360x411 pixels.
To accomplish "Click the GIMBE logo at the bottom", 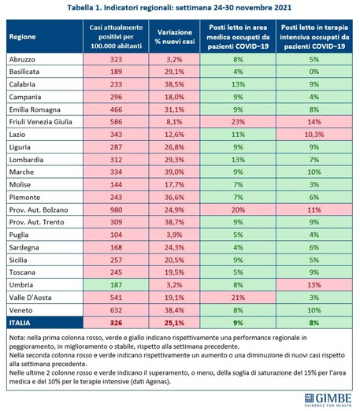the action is pyautogui.click(x=328, y=400).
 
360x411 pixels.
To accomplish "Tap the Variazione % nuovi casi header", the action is pyautogui.click(x=174, y=36).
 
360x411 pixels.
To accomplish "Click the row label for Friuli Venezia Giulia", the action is pyautogui.click(x=41, y=122).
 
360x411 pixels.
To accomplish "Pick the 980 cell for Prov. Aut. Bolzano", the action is pyautogui.click(x=116, y=210).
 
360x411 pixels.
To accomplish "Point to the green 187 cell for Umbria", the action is pyautogui.click(x=116, y=285).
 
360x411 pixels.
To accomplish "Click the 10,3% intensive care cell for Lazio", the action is pyautogui.click(x=314, y=135).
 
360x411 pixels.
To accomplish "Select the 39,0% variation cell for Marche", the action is pyautogui.click(x=174, y=172).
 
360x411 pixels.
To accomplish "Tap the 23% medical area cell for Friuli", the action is pyautogui.click(x=238, y=122).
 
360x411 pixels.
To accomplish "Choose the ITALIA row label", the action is pyautogui.click(x=20, y=323).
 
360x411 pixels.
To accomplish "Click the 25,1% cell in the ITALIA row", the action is pyautogui.click(x=174, y=323).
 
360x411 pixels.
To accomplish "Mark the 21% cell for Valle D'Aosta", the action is pyautogui.click(x=238, y=298).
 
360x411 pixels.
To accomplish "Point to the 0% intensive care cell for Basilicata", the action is pyautogui.click(x=314, y=72).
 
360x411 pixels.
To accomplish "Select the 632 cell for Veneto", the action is pyautogui.click(x=116, y=310).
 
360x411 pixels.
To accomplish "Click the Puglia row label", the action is pyautogui.click(x=19, y=235).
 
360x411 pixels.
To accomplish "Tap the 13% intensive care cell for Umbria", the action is pyautogui.click(x=314, y=285).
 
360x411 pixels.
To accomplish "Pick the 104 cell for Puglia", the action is pyautogui.click(x=116, y=235).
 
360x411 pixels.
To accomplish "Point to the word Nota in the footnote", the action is pyautogui.click(x=16, y=338).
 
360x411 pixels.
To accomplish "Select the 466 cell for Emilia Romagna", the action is pyautogui.click(x=116, y=109).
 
